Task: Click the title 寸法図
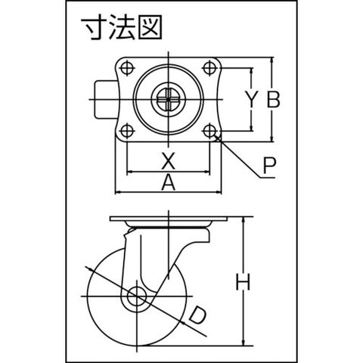point(121,28)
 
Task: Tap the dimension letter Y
point(252,99)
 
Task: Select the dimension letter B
point(273,99)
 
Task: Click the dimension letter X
point(168,161)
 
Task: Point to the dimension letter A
point(168,183)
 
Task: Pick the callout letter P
point(269,166)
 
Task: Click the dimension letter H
point(243,282)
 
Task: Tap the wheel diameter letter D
point(198,315)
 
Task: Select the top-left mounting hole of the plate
point(127,67)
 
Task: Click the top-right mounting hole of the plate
point(209,67)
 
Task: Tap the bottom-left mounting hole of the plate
point(127,131)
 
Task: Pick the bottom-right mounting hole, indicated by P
point(209,131)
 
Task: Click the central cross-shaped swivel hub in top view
point(168,99)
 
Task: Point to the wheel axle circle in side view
point(137,296)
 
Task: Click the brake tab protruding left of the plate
point(105,99)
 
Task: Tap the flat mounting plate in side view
point(169,219)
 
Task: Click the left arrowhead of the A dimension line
point(118,193)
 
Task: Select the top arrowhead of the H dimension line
point(244,219)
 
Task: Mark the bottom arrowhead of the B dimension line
point(271,138)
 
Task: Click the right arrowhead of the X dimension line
point(206,172)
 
